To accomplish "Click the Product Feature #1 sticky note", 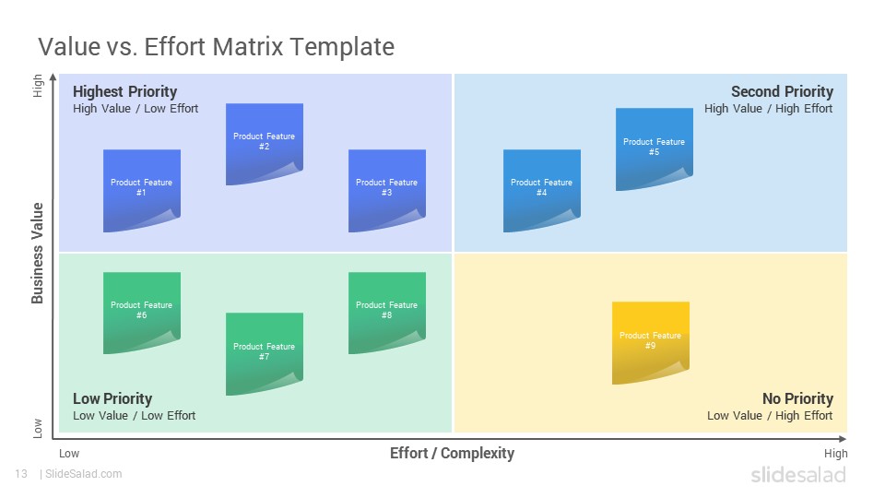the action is click(142, 190).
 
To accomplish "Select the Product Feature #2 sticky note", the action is click(265, 144).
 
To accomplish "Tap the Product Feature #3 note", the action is click(386, 190).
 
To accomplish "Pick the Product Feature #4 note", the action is click(542, 190).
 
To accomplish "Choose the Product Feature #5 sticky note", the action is click(655, 149).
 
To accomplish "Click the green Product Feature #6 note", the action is click(142, 313).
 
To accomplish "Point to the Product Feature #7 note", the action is click(265, 354).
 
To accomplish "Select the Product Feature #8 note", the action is click(386, 313).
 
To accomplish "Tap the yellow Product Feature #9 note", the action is click(651, 343).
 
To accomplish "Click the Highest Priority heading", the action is click(124, 91).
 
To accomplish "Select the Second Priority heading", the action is click(783, 91).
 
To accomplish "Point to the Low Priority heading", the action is click(112, 398).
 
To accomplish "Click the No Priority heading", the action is click(798, 398).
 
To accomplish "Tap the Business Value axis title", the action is click(37, 253).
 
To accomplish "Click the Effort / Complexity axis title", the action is click(452, 454).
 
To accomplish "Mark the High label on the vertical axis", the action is click(37, 85).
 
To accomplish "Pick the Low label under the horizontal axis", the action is click(69, 454).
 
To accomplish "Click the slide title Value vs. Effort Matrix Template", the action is click(216, 46).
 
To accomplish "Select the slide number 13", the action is click(21, 474).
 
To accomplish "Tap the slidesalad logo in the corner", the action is click(798, 474).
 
